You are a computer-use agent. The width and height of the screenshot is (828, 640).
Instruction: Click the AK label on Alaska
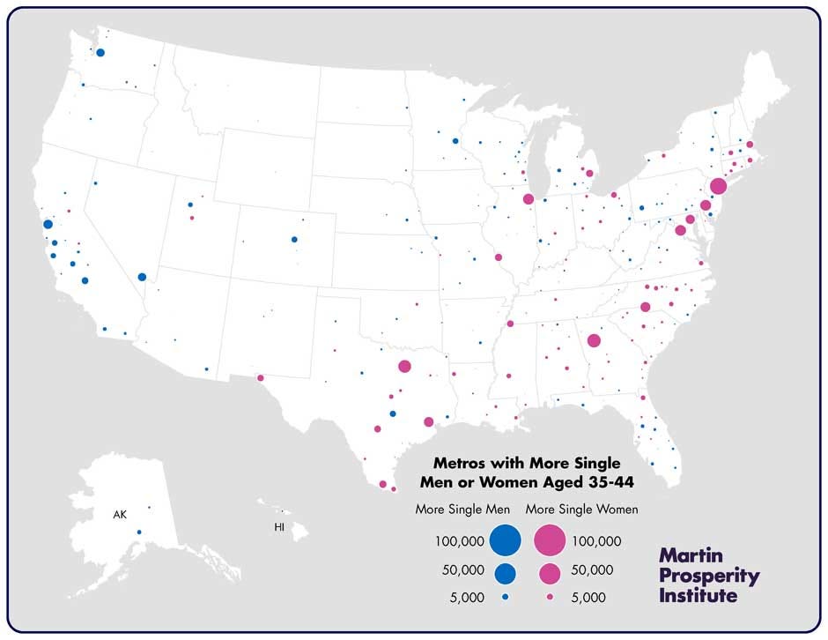click(x=120, y=513)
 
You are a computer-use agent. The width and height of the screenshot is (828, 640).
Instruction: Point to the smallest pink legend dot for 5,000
click(x=550, y=598)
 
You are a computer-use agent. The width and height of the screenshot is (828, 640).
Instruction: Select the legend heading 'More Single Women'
click(x=582, y=510)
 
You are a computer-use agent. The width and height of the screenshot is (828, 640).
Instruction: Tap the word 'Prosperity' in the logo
click(x=709, y=576)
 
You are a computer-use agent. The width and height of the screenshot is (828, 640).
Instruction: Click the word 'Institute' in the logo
click(x=699, y=595)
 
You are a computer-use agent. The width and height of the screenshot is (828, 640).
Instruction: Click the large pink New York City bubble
click(x=718, y=186)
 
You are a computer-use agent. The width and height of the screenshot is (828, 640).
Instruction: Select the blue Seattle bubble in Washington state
click(x=100, y=53)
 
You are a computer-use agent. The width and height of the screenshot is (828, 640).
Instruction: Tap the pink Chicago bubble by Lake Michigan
click(x=529, y=199)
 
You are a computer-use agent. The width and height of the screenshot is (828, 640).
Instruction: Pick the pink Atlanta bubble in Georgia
click(x=594, y=341)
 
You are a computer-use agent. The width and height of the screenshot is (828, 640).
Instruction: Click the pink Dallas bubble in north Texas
click(x=404, y=366)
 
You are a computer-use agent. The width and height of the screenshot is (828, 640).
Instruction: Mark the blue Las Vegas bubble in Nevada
click(x=142, y=277)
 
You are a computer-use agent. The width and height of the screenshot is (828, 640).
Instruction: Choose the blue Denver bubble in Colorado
click(x=294, y=239)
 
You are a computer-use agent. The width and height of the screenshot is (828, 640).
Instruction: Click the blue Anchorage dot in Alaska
click(x=139, y=532)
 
